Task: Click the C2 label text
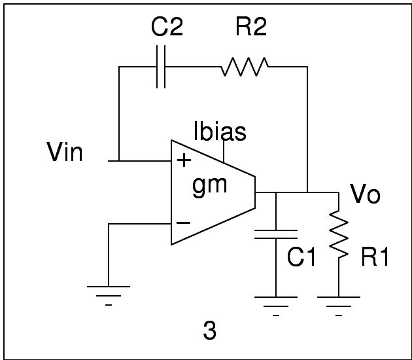(167, 27)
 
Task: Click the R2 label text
(250, 27)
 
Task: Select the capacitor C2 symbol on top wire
(160, 66)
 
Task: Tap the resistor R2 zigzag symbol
(245, 66)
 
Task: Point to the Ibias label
(220, 132)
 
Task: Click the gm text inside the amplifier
(210, 185)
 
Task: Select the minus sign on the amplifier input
(184, 223)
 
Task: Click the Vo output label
(365, 194)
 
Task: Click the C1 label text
(301, 258)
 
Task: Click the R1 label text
(375, 258)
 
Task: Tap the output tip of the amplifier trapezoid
(254, 192)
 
